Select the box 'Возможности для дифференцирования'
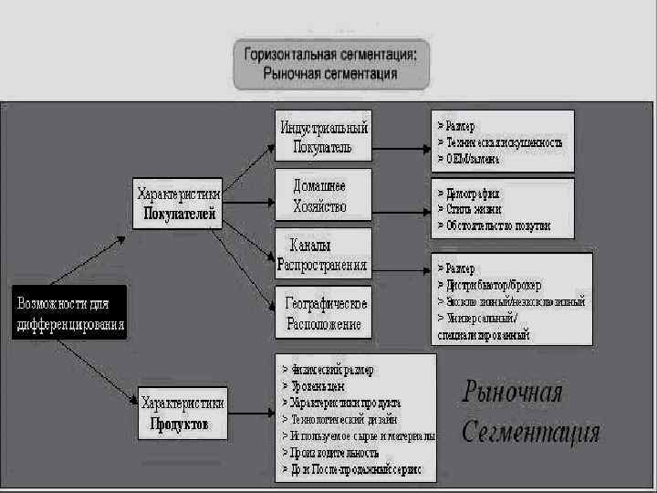tap(69, 312)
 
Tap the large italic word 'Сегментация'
tap(530, 432)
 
